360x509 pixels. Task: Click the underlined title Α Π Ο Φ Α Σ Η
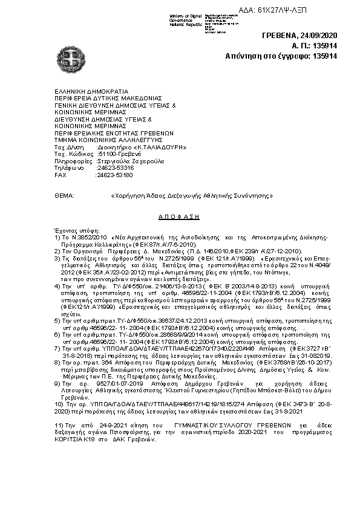180,216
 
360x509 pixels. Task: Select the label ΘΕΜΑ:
64,196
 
